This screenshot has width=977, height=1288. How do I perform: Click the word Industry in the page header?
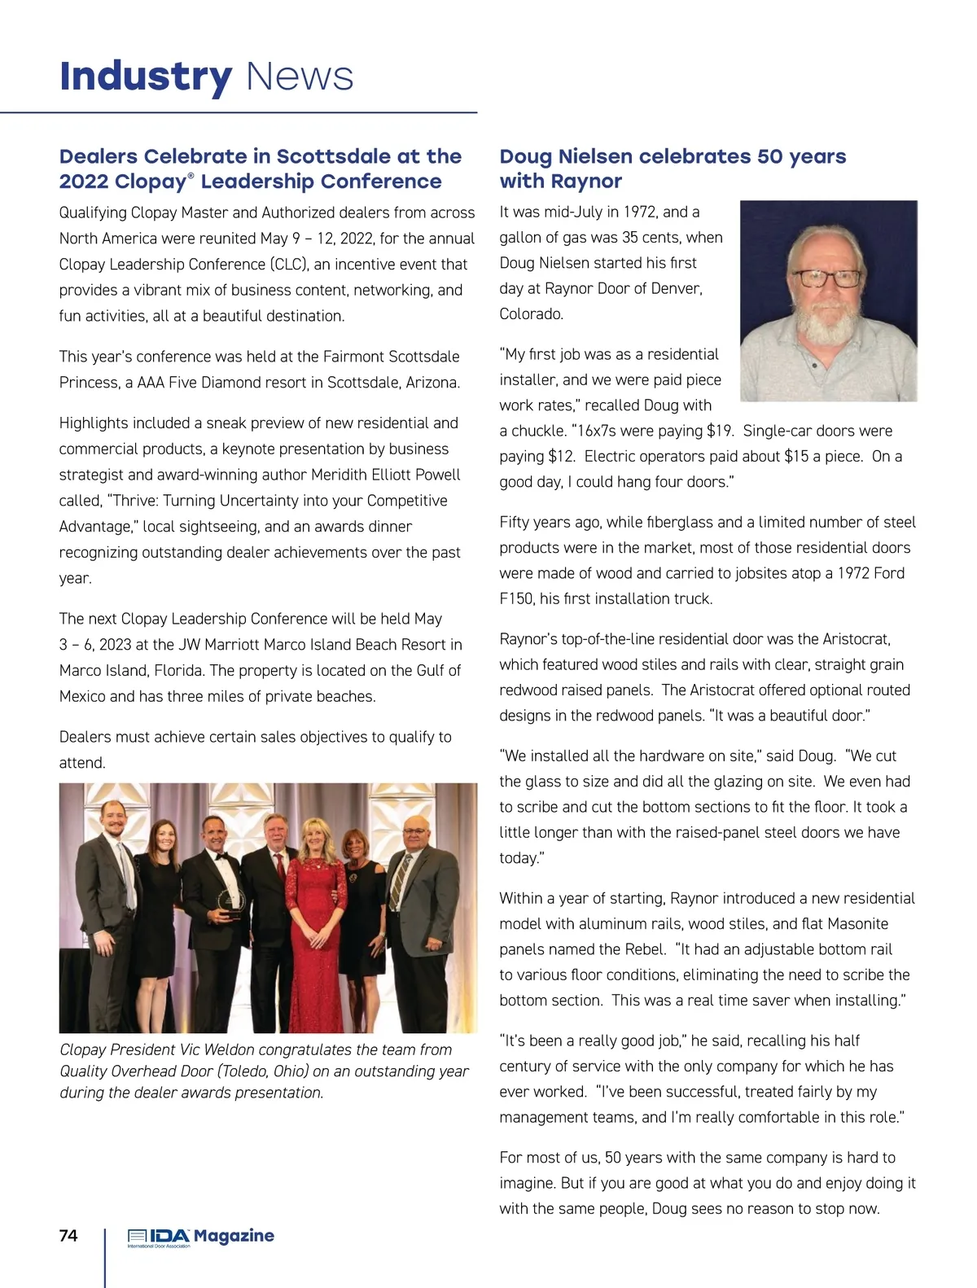146,77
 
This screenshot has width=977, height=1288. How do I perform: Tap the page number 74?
68,1236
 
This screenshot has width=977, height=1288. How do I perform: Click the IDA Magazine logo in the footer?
200,1238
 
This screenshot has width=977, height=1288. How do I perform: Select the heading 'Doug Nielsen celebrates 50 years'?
673,156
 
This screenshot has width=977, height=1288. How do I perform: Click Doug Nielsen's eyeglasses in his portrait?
826,278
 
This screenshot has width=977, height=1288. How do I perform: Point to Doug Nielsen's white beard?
827,322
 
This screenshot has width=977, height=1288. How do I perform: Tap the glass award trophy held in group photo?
231,903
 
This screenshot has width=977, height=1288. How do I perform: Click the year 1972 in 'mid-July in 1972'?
640,212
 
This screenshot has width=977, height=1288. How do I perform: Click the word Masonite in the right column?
857,924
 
